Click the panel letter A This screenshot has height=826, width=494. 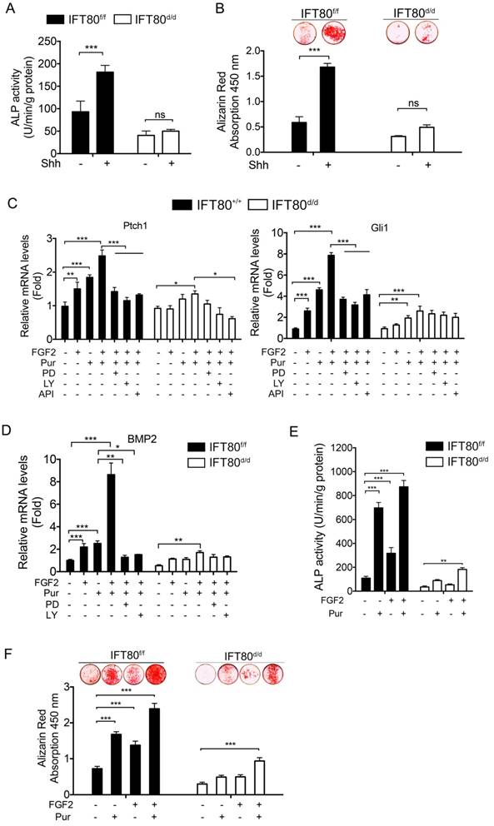point(11,11)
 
